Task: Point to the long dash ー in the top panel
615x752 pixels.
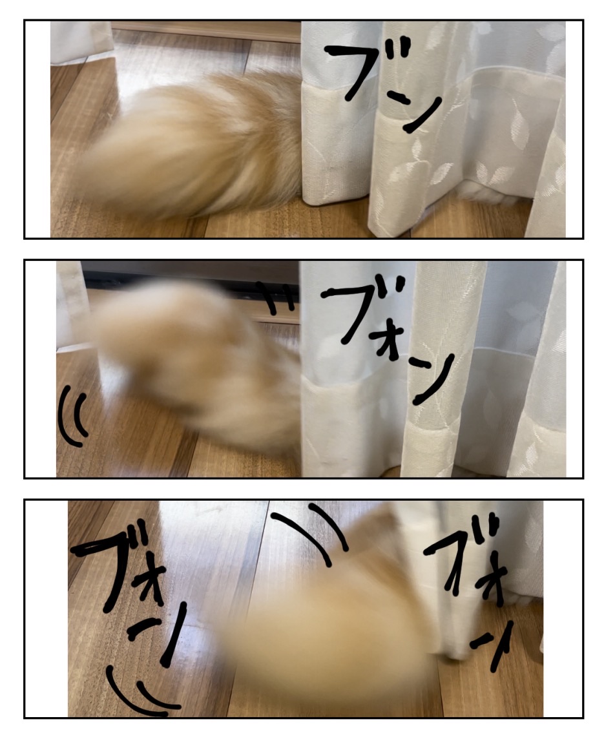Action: pos(398,98)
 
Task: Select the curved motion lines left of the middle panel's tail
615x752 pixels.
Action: pos(72,416)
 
